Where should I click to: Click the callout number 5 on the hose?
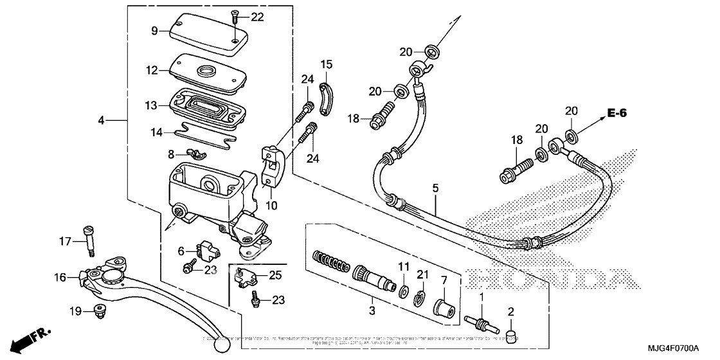coord(435,188)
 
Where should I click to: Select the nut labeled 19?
coord(100,310)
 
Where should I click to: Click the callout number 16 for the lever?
coord(60,278)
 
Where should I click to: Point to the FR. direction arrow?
coord(30,337)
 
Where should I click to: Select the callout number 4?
coord(102,120)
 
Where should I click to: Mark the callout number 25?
coord(276,275)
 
